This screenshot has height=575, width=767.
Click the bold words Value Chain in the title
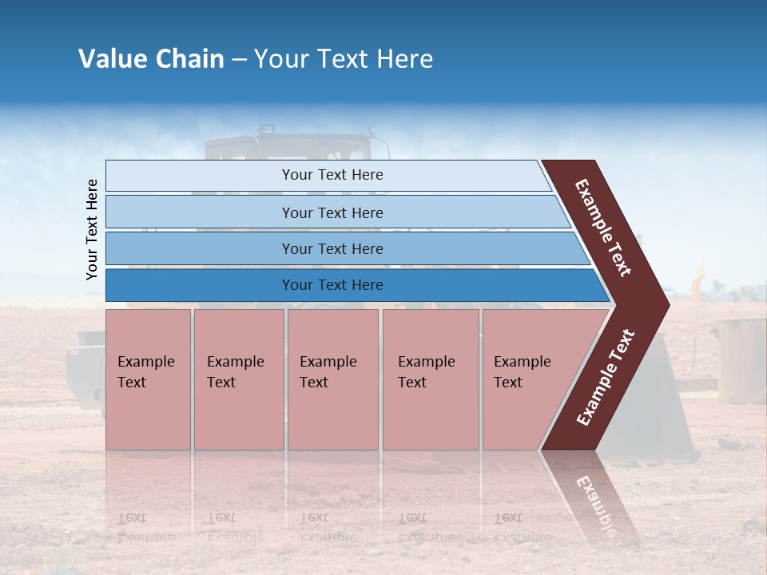click(151, 59)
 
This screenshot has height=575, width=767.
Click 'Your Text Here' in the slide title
click(344, 59)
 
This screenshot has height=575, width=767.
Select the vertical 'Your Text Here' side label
click(92, 229)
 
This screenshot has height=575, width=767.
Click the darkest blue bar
click(200, 285)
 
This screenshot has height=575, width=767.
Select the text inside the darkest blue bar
click(332, 285)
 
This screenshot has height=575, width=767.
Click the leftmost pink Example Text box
click(148, 379)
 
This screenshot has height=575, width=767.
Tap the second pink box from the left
click(238, 379)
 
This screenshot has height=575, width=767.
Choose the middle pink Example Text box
click(332, 379)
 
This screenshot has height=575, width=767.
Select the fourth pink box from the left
click(430, 379)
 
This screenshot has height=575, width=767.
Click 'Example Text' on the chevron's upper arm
click(603, 228)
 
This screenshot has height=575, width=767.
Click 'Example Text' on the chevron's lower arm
click(606, 378)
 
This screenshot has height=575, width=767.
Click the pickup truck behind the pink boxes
click(85, 367)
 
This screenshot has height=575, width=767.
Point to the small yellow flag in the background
click(699, 276)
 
